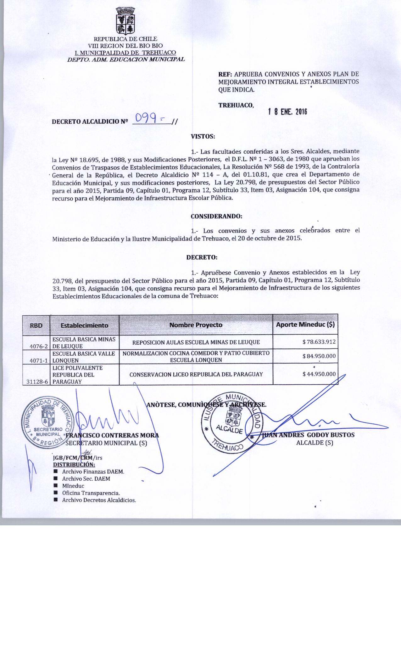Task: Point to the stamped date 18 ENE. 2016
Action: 287,112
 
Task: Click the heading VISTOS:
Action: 203,137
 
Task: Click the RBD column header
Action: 36,325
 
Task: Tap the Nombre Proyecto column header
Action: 196,325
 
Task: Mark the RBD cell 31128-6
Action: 37,381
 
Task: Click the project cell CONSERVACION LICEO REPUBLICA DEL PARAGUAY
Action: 196,374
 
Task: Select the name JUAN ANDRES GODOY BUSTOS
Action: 308,435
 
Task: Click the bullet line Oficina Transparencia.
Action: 91,493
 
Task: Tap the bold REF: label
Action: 225,75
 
